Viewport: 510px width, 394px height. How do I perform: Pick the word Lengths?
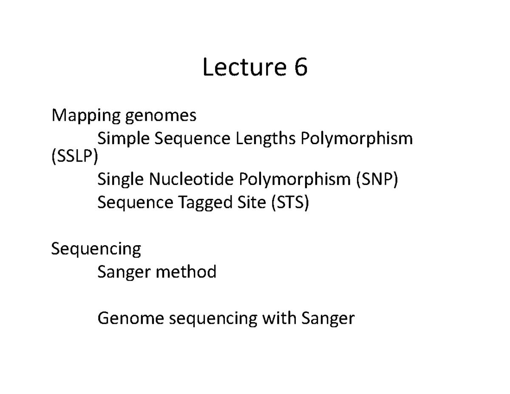[266, 138]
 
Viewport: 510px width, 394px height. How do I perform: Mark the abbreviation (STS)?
[290, 203]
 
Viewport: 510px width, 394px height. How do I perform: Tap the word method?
[186, 272]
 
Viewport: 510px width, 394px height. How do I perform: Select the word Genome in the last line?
[131, 318]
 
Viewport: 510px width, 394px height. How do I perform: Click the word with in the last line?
[278, 317]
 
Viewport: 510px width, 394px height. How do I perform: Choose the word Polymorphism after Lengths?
[357, 139]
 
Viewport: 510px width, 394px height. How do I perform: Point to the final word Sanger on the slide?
[328, 318]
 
